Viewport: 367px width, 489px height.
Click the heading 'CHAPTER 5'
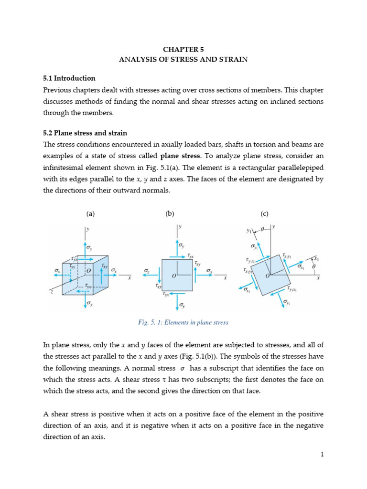point(183,49)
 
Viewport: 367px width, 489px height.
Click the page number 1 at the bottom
point(323,454)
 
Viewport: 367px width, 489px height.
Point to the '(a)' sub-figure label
point(90,214)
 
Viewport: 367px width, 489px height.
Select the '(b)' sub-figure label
point(170,214)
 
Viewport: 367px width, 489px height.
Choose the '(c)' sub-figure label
point(265,214)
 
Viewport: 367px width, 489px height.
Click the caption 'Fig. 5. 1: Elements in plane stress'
point(183,322)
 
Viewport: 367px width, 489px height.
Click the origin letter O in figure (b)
point(174,276)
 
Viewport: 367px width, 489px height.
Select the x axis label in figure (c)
point(318,277)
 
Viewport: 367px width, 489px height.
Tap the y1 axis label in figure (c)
point(249,231)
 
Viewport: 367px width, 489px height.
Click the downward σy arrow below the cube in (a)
point(86,299)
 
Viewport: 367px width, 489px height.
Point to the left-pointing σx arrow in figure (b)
point(150,275)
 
